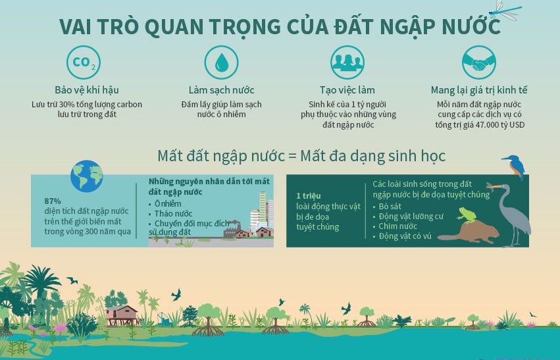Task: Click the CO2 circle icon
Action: coord(84,63)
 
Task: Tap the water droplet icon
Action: coord(221,63)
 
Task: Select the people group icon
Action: coord(347,63)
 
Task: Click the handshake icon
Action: coord(478,63)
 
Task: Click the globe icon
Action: coord(87,176)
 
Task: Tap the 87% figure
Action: coord(53,201)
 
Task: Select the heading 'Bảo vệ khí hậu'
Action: coord(87,90)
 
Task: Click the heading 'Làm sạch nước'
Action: coord(221,90)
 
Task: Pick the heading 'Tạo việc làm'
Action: coord(347,90)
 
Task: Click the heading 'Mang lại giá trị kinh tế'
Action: coord(479,90)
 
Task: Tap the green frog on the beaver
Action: coord(468,215)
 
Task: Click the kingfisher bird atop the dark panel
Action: coord(515,165)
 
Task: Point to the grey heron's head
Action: coord(498,188)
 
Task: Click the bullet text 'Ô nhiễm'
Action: coord(168,204)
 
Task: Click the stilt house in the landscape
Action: coord(122,314)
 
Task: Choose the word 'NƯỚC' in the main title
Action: coord(471,27)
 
